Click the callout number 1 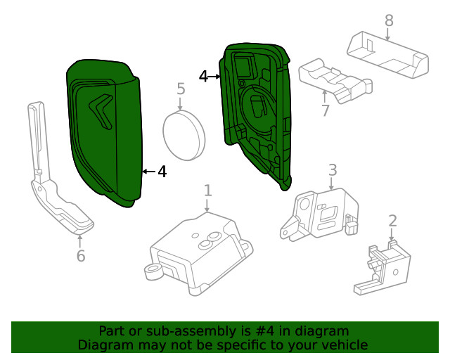[x=207, y=190]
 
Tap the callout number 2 [x=392, y=221]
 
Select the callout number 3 [x=333, y=169]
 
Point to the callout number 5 [x=181, y=89]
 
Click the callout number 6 [x=81, y=256]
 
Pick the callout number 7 [x=325, y=110]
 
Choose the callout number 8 [x=389, y=21]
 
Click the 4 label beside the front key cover [x=162, y=171]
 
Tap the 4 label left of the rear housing [x=204, y=76]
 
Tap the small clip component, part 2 [x=380, y=267]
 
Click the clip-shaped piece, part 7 [x=334, y=81]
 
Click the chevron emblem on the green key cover [x=101, y=110]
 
